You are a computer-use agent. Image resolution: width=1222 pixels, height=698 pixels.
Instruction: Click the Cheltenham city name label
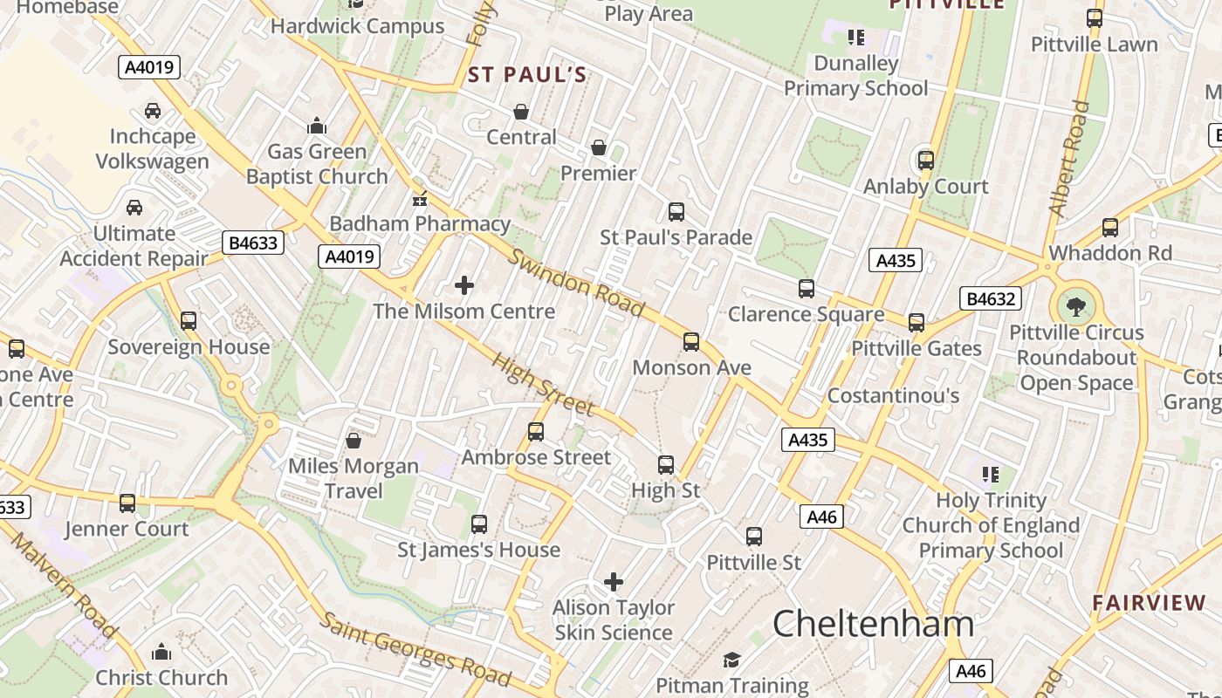(873, 624)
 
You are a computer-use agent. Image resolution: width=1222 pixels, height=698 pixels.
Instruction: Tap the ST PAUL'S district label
(527, 75)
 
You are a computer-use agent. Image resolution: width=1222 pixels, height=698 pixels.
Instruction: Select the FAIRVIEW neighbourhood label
(1149, 603)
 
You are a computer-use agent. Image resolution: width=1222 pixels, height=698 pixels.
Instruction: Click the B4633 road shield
(253, 243)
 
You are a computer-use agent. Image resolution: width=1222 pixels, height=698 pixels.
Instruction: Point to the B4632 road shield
(990, 298)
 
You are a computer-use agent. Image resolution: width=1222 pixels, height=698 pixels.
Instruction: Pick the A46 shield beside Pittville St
(821, 517)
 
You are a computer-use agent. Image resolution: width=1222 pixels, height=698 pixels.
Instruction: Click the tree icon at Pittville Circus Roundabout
(1076, 306)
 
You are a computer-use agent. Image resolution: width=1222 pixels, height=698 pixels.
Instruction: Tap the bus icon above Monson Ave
(691, 341)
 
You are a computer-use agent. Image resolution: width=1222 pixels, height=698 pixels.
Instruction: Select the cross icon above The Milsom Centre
(464, 285)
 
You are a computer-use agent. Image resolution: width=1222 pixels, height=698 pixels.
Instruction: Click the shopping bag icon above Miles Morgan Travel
(354, 441)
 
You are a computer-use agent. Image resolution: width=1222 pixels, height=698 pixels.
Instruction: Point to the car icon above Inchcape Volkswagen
(153, 111)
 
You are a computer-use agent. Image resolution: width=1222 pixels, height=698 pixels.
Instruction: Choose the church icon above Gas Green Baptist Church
(316, 127)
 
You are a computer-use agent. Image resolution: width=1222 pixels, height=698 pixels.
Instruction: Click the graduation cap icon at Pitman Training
(731, 660)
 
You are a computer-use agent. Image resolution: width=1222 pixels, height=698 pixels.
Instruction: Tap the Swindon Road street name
(578, 284)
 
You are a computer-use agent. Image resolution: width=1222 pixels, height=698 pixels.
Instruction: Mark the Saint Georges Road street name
(415, 647)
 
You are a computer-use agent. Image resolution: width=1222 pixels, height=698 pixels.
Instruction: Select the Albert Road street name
(1069, 159)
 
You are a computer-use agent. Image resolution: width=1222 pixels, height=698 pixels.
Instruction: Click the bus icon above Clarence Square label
(807, 289)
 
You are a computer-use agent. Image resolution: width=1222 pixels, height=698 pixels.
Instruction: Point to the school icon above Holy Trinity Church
(990, 475)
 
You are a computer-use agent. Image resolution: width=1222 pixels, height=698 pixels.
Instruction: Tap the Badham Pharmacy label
(420, 223)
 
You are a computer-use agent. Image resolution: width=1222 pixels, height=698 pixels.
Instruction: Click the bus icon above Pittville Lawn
(1094, 18)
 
